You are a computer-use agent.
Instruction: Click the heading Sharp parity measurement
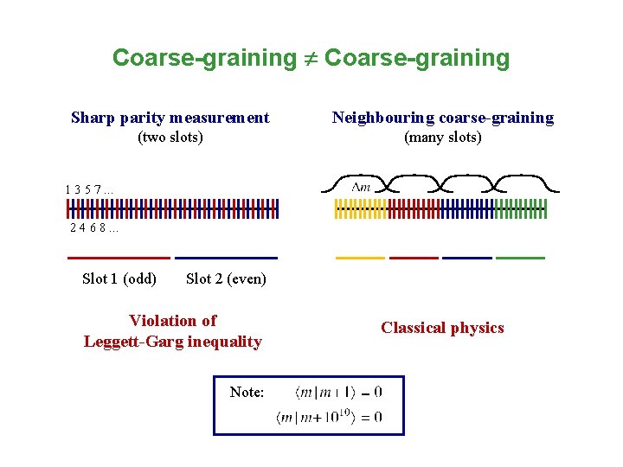coord(170,118)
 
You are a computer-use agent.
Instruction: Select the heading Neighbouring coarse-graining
coord(443,118)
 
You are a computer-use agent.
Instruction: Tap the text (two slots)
coord(170,138)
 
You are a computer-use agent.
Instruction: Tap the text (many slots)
coord(443,138)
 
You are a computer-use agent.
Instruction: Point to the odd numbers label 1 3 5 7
coord(88,189)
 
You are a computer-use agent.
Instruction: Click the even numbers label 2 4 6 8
coord(94,228)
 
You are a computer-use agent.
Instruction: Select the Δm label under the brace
coord(361,188)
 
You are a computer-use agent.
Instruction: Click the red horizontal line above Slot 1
coord(119,258)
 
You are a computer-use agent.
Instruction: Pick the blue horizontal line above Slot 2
coord(226,258)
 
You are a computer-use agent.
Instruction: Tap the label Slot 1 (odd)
coord(119,278)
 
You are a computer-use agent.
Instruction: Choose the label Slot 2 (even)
coord(226,278)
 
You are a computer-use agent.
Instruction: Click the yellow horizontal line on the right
coord(360,258)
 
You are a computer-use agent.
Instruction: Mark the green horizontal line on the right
coord(521,258)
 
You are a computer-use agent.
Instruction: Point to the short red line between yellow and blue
coord(414,258)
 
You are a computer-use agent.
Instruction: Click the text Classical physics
coord(442,328)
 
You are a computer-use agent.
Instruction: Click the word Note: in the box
coord(247,393)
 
